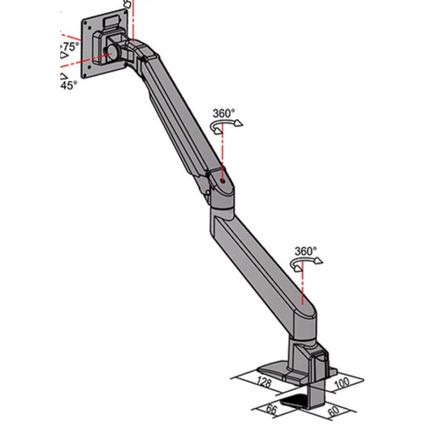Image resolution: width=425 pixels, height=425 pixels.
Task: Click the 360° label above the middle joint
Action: pos(224,113)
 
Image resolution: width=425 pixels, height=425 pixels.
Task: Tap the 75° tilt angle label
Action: pos(70,46)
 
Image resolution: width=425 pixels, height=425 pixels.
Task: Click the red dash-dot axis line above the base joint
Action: pos(301,285)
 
